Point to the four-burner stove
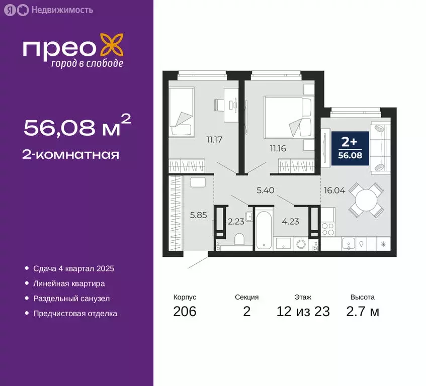click(x=328, y=229)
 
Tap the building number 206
click(x=185, y=312)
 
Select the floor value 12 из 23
click(x=303, y=312)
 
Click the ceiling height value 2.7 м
click(x=362, y=312)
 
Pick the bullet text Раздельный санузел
click(x=71, y=298)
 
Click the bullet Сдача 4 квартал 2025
click(x=73, y=268)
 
